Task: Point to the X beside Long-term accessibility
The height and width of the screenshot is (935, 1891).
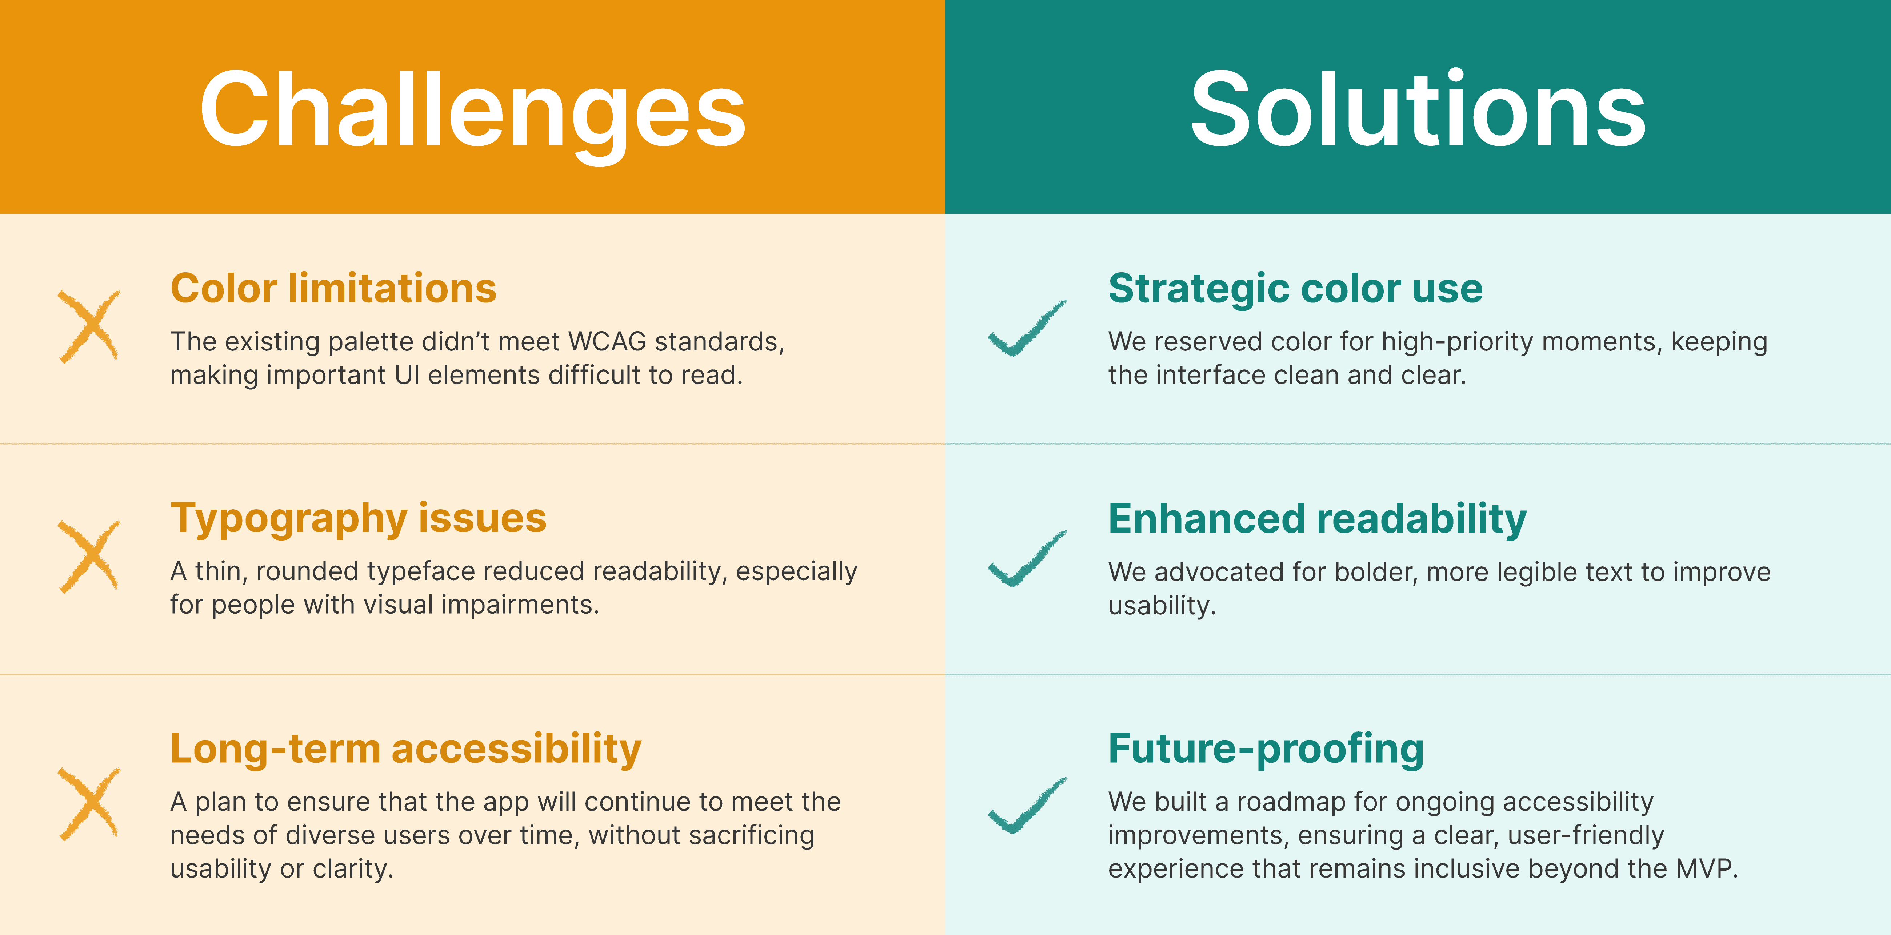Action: pyautogui.click(x=89, y=803)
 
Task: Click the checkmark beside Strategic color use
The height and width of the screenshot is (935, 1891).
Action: pyautogui.click(x=1026, y=328)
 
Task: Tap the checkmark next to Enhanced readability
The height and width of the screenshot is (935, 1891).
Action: pyautogui.click(x=1026, y=558)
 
